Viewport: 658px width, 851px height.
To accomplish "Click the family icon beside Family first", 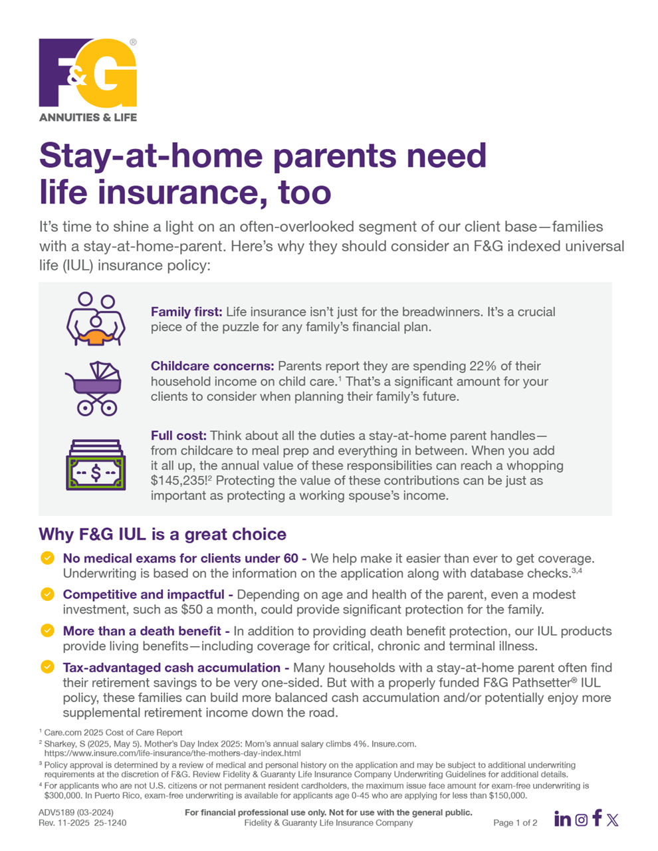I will click(x=96, y=319).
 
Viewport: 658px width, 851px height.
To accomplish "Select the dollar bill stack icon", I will click(x=96, y=465).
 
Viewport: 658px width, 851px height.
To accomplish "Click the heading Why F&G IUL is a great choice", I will click(x=163, y=535).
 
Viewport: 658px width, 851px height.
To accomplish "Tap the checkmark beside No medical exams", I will click(x=47, y=558).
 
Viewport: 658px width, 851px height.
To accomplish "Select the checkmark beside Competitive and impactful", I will click(x=47, y=594).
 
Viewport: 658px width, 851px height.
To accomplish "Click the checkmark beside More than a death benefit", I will click(x=47, y=630).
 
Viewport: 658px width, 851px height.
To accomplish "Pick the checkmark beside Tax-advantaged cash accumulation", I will click(x=47, y=667).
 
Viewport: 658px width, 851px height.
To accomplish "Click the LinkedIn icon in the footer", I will click(x=562, y=819).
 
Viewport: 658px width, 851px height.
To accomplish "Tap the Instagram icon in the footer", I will click(x=582, y=820).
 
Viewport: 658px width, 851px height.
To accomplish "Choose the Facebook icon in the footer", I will click(x=598, y=818).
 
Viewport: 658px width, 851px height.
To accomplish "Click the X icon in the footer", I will click(x=613, y=820).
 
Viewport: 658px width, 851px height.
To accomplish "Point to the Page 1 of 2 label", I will click(x=515, y=823).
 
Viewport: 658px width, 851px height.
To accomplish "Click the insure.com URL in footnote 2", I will click(x=172, y=754).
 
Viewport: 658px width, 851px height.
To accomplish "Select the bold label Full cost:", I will click(x=178, y=436).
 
